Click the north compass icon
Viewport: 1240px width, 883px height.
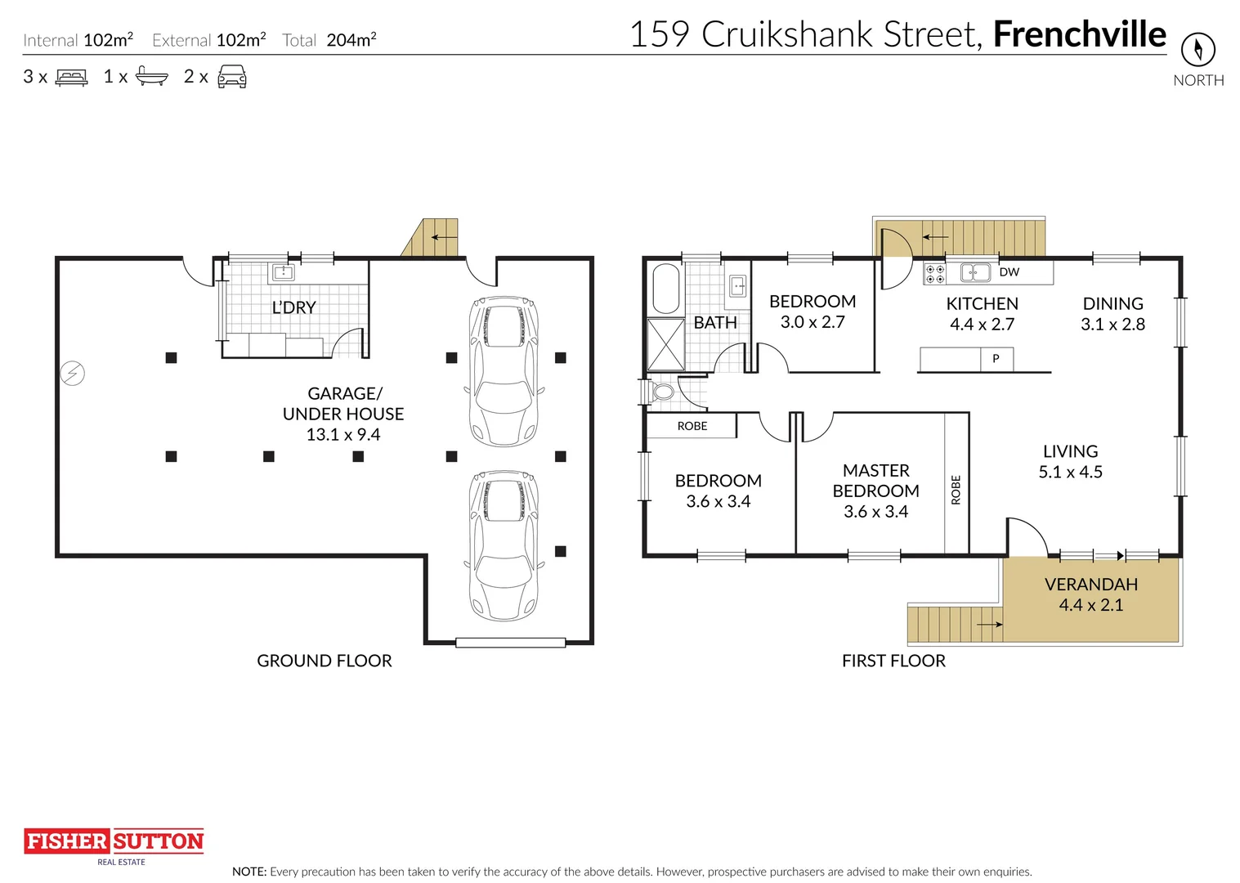(1198, 50)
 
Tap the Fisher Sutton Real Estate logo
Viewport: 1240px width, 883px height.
(114, 846)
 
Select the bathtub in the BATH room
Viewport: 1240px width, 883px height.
(666, 289)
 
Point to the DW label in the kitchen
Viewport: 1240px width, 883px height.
(1009, 271)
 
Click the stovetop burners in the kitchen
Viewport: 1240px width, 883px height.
(935, 273)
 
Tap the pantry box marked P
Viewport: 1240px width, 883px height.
(996, 359)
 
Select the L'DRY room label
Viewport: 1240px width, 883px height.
(293, 307)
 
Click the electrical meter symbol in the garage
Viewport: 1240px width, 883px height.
(73, 373)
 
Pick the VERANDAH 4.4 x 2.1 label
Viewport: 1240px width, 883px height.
(1091, 594)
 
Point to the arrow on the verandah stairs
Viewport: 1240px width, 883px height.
(990, 625)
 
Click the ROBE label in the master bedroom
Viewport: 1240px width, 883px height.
(956, 490)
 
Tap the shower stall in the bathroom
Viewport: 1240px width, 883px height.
(666, 344)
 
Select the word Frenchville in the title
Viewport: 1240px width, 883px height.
(1080, 34)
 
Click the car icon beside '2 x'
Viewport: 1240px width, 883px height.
(232, 76)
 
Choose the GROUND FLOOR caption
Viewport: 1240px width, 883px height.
(324, 661)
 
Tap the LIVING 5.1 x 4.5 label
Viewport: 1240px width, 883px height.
(1070, 461)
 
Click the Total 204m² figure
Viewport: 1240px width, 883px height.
(329, 40)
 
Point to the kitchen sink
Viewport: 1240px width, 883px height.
(975, 272)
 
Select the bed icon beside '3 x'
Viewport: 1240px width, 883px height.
(71, 78)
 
